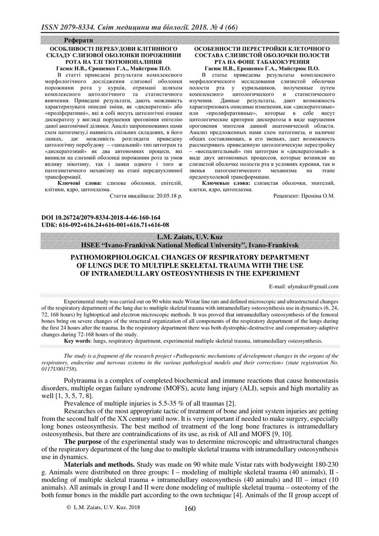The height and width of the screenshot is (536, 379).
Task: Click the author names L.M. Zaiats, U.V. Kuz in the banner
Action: pos(189,237)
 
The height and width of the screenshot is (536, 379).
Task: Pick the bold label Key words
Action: pos(77,340)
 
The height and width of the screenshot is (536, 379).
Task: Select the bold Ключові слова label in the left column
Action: pos(75,182)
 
